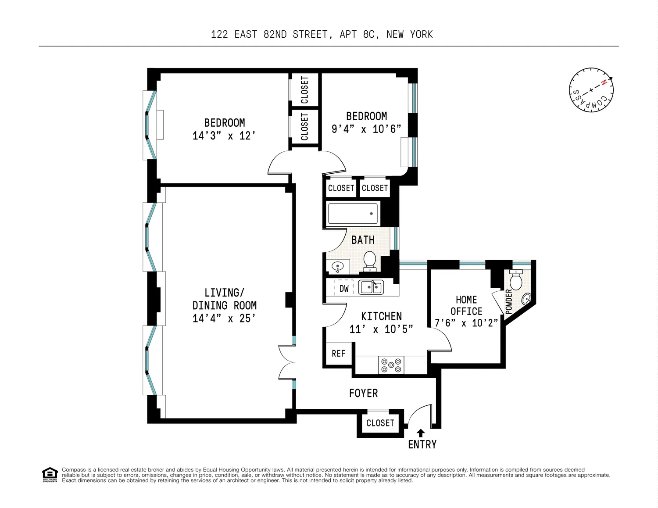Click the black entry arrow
[421, 433]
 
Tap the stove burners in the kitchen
[391, 365]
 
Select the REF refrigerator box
[339, 353]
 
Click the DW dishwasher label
[344, 289]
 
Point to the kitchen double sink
[371, 287]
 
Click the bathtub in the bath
[353, 214]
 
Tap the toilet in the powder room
[516, 279]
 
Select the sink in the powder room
[526, 299]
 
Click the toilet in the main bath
[369, 261]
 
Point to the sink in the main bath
[337, 267]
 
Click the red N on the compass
[604, 82]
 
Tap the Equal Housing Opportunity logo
[50, 475]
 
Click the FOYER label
[363, 393]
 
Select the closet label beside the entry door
[380, 423]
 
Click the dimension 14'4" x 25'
[224, 318]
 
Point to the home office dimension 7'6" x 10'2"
[466, 323]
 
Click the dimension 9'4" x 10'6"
[366, 129]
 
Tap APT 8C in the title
[359, 35]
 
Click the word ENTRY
[422, 444]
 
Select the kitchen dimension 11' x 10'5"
[381, 329]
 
